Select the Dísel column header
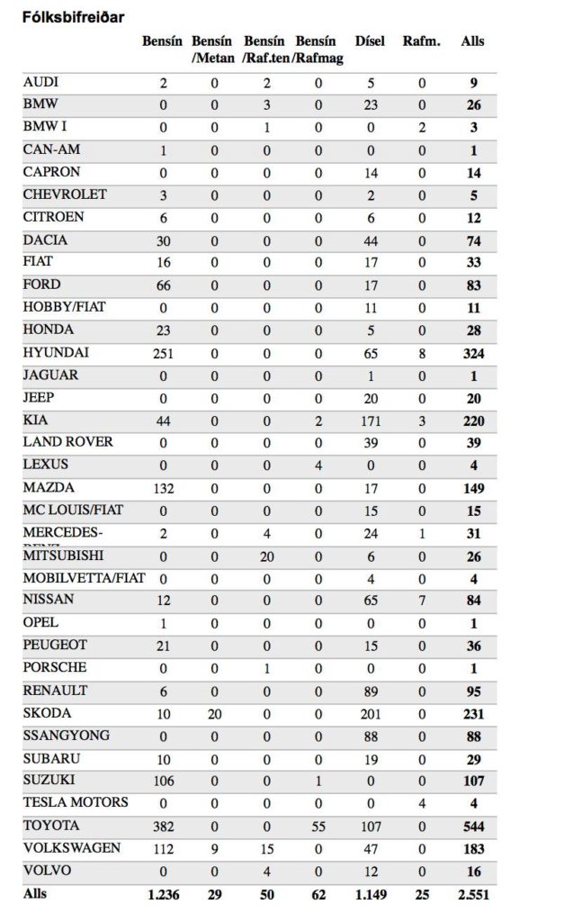(x=370, y=41)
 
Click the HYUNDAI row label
(x=56, y=353)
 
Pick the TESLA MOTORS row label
(x=76, y=802)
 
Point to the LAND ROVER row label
(x=68, y=442)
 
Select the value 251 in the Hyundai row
(x=164, y=354)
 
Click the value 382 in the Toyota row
(x=164, y=827)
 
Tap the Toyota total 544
(x=472, y=827)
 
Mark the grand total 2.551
(x=471, y=895)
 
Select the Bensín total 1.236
(x=163, y=895)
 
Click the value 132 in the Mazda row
(x=164, y=489)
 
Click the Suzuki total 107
(x=472, y=782)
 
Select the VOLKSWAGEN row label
(x=71, y=848)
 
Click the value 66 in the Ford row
(x=164, y=286)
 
